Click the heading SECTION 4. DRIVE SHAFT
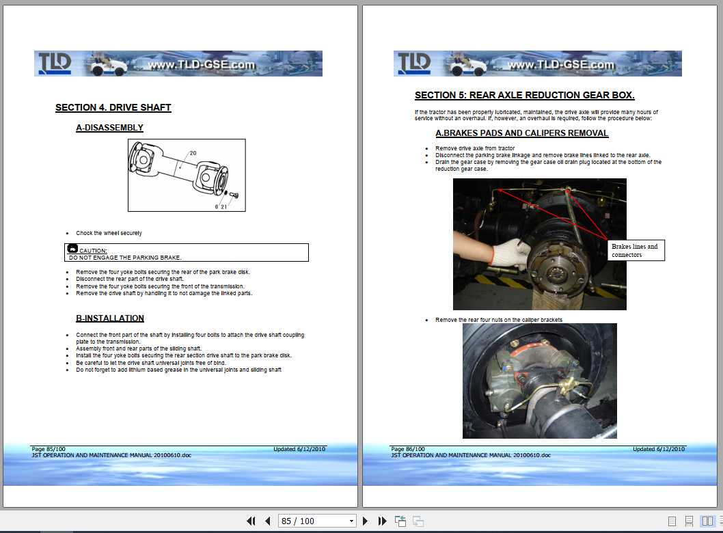pyautogui.click(x=113, y=107)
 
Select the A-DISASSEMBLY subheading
pyautogui.click(x=109, y=127)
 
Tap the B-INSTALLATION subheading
pyautogui.click(x=109, y=318)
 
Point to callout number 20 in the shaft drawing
pyautogui.click(x=193, y=153)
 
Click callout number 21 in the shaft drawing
pyautogui.click(x=223, y=206)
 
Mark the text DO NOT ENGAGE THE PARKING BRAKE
pyautogui.click(x=125, y=258)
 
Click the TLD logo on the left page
pyautogui.click(x=55, y=64)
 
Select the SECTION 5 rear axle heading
pyautogui.click(x=524, y=95)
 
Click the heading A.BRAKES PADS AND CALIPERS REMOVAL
pyautogui.click(x=521, y=133)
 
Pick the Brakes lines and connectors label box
pyautogui.click(x=636, y=250)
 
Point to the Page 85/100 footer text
pyautogui.click(x=49, y=449)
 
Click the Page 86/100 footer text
pyautogui.click(x=408, y=449)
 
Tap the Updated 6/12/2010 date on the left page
pyautogui.click(x=299, y=449)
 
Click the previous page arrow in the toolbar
pyautogui.click(x=268, y=521)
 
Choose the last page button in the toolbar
pyautogui.click(x=382, y=521)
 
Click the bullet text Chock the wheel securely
pyautogui.click(x=109, y=233)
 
